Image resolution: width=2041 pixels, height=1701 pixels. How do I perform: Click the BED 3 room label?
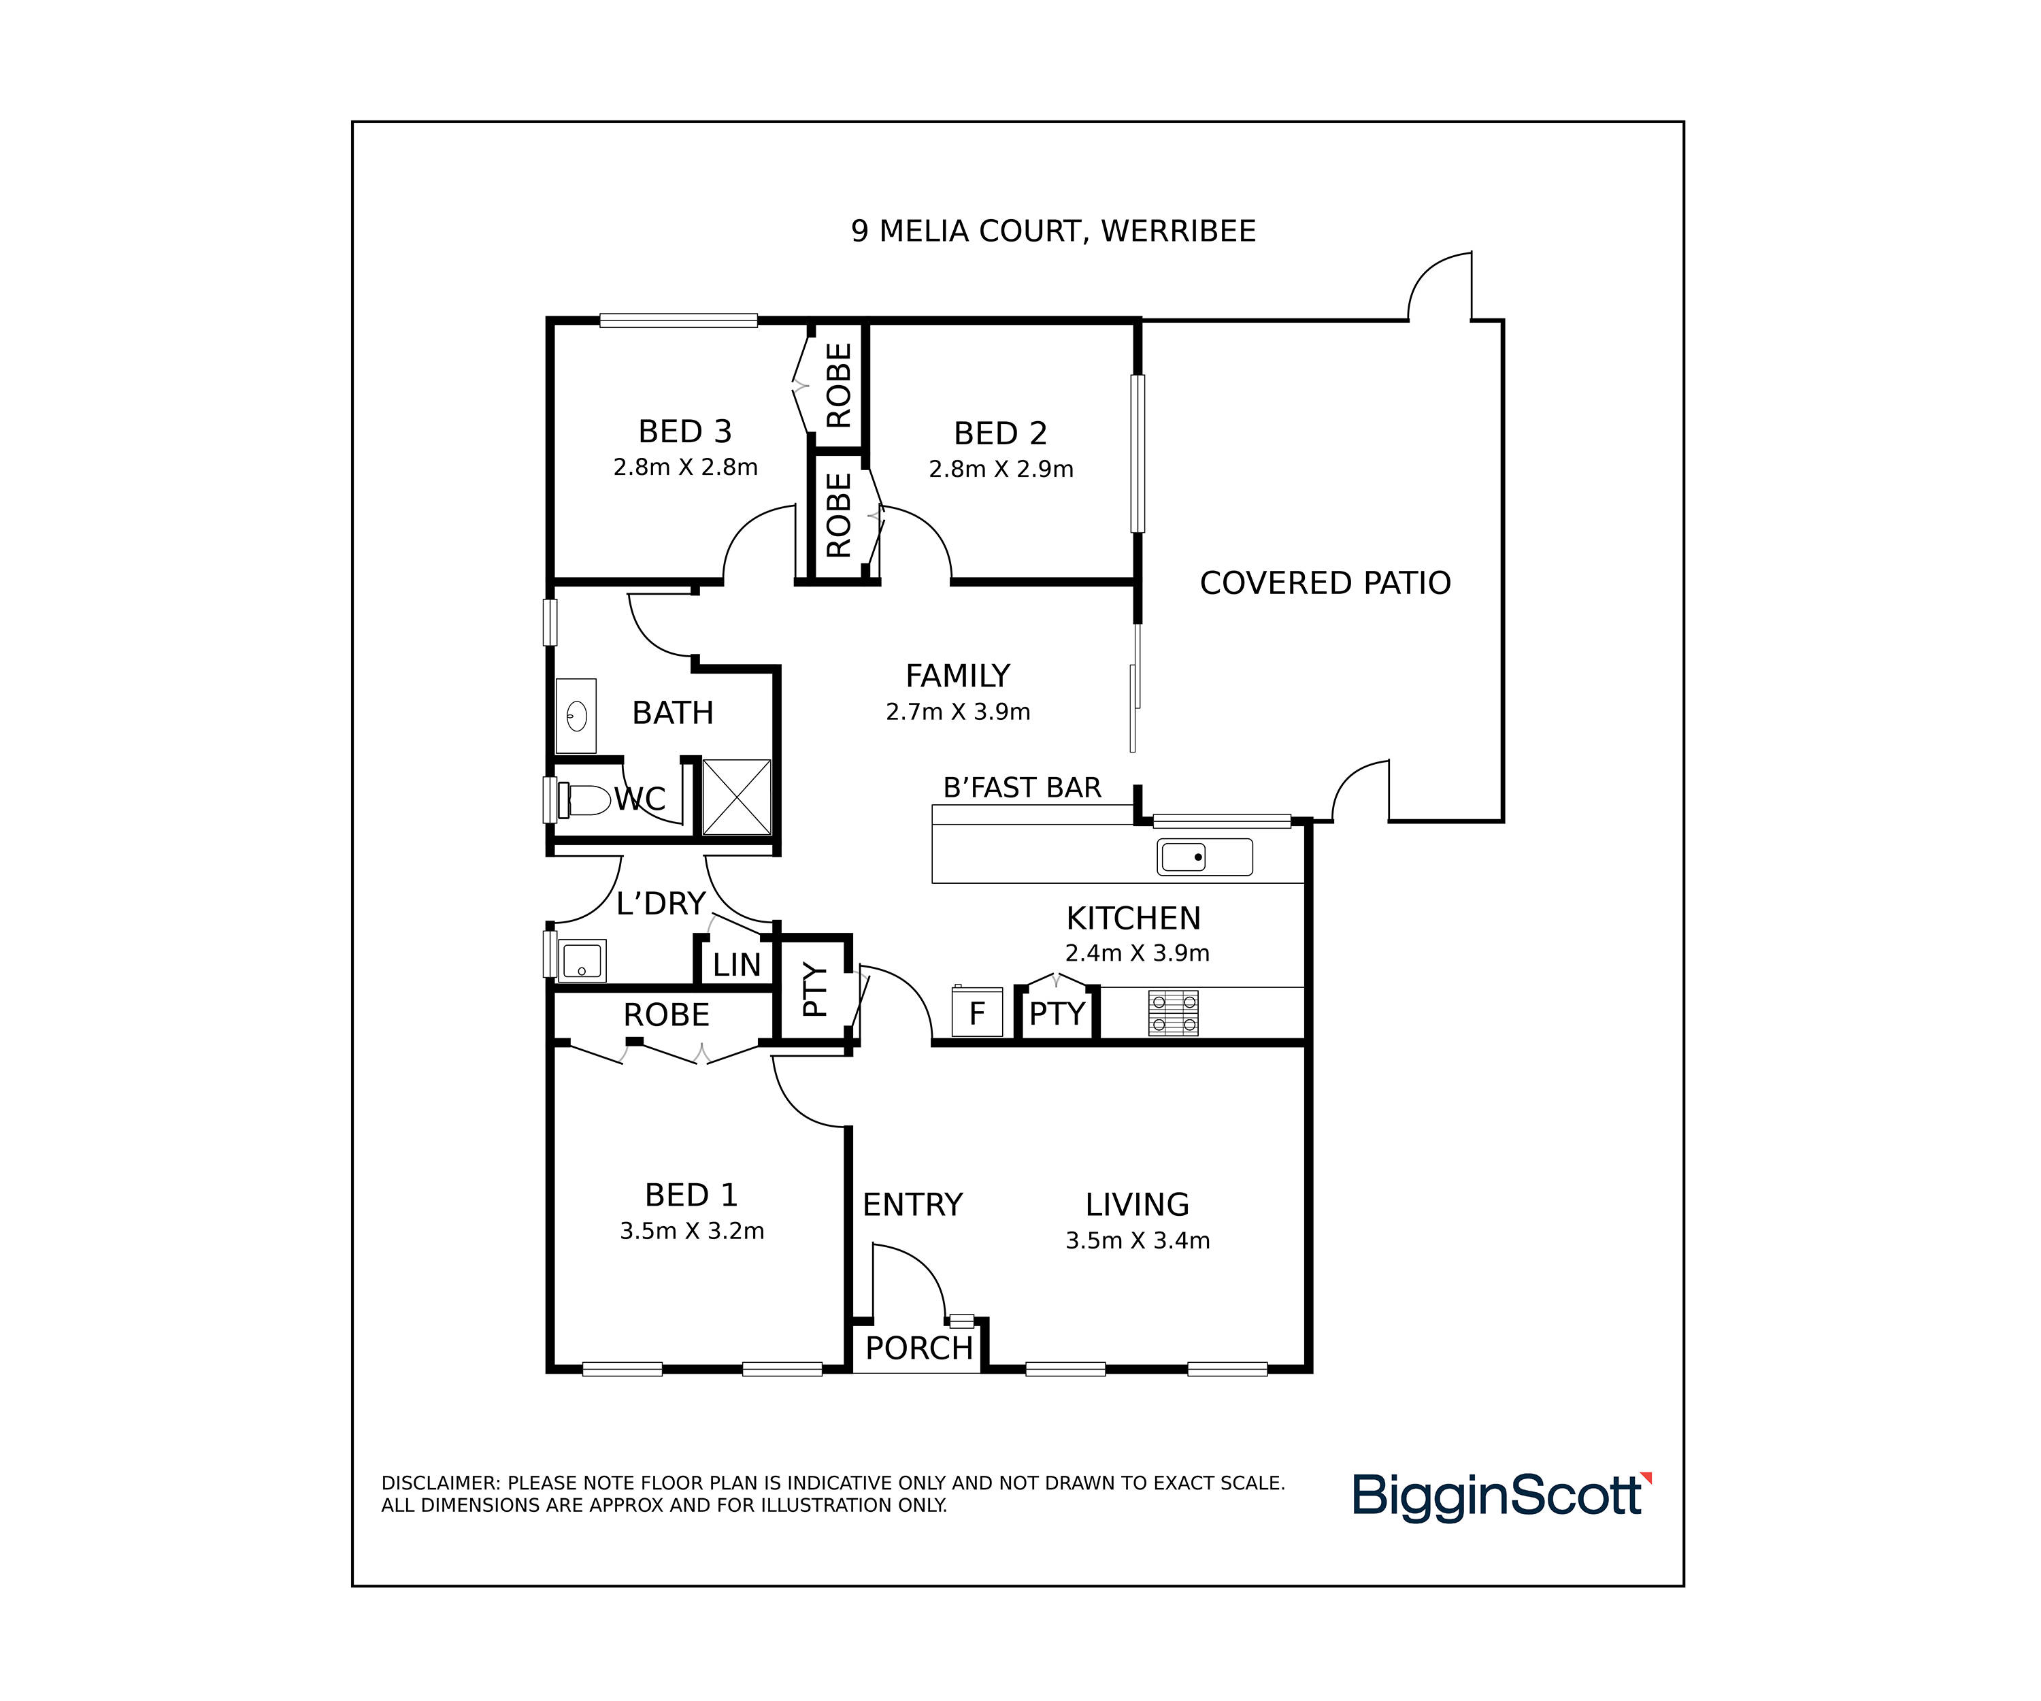[x=684, y=431]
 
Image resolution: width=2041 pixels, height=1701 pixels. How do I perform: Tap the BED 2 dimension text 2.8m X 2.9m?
[x=1001, y=469]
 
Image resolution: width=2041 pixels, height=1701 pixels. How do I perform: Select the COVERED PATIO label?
[x=1325, y=582]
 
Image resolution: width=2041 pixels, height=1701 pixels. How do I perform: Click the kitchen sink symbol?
[x=1204, y=857]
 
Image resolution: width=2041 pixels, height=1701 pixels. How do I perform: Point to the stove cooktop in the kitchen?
[x=1173, y=1013]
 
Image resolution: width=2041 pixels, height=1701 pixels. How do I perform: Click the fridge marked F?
[x=977, y=1012]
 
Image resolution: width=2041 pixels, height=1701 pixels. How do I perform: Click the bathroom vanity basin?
[x=576, y=716]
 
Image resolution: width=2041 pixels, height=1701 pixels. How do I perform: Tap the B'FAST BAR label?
[x=1023, y=787]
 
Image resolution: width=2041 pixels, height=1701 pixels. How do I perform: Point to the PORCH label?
[x=918, y=1348]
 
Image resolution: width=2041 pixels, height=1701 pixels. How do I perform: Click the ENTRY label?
[x=912, y=1204]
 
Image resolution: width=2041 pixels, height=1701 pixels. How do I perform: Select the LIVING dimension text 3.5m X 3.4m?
[x=1137, y=1240]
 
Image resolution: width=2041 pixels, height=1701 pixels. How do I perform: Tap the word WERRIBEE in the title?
[x=1178, y=231]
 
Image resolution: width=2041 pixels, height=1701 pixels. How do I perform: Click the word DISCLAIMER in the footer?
[x=440, y=1483]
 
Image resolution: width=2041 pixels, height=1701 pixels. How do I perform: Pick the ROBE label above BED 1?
[x=666, y=1014]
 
